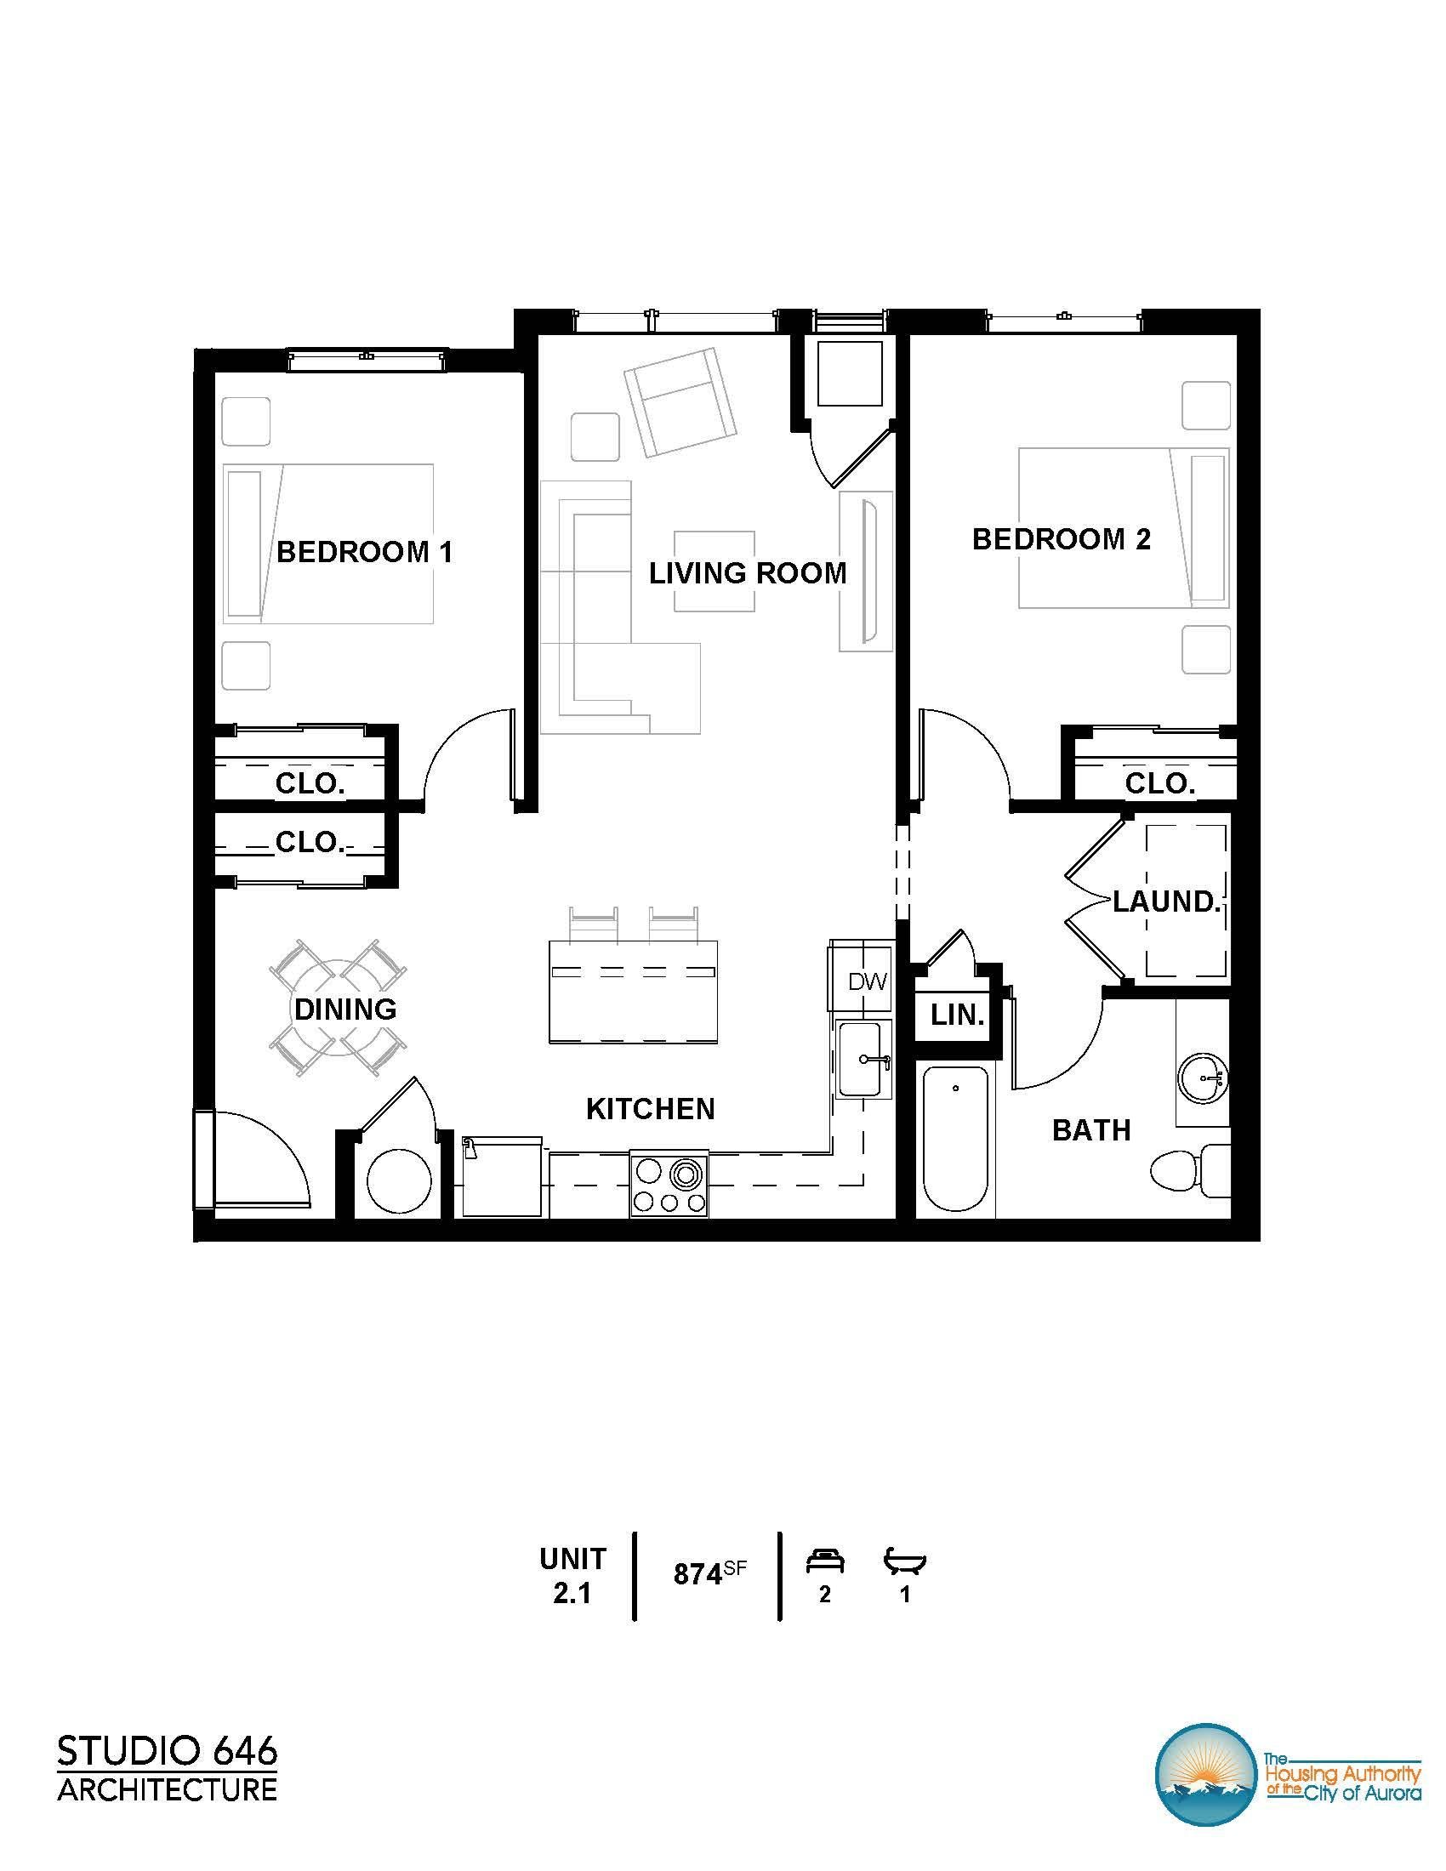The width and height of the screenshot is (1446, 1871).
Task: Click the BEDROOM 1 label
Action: pyautogui.click(x=365, y=552)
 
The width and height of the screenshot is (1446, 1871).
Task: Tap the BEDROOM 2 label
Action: pyautogui.click(x=1062, y=539)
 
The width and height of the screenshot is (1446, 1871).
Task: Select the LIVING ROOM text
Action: pyautogui.click(x=748, y=572)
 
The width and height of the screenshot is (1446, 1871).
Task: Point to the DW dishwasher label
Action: pyautogui.click(x=868, y=981)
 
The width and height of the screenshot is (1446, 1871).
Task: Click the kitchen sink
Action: pyautogui.click(x=863, y=1059)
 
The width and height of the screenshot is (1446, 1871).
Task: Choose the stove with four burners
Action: pyautogui.click(x=670, y=1182)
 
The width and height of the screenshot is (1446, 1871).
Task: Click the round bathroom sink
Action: pyautogui.click(x=1204, y=1078)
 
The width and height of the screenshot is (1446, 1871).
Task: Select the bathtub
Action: pyautogui.click(x=956, y=1139)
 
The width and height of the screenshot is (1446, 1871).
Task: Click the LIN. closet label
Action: pyautogui.click(x=958, y=1015)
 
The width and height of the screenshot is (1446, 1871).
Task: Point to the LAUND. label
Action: pyautogui.click(x=1166, y=901)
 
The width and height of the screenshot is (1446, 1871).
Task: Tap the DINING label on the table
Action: pyautogui.click(x=345, y=1009)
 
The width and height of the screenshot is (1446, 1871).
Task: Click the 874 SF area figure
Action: pyautogui.click(x=710, y=1573)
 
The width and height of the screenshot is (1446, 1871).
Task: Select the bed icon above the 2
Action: pyautogui.click(x=825, y=1561)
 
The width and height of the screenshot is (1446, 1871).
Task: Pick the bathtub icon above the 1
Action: pyautogui.click(x=906, y=1561)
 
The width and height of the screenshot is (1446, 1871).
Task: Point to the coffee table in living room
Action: pyautogui.click(x=714, y=572)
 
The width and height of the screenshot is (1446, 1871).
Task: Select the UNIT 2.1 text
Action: pyautogui.click(x=572, y=1574)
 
